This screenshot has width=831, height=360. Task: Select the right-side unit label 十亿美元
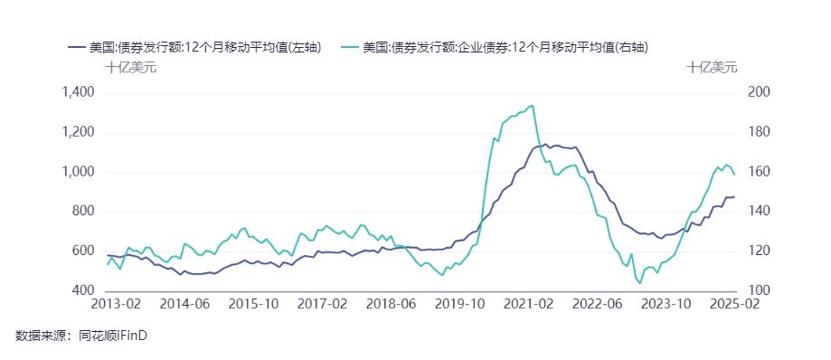(x=712, y=67)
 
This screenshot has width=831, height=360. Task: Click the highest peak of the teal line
(x=532, y=105)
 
